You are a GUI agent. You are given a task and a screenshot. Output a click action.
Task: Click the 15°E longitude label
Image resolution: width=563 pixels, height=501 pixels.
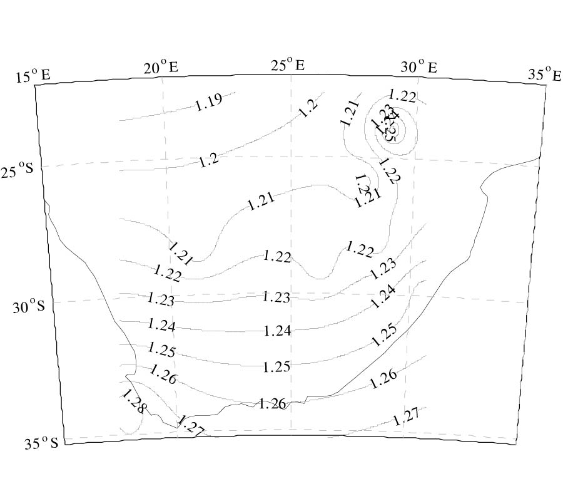coord(33,77)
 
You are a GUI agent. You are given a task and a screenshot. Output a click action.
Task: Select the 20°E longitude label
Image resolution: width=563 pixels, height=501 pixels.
coord(161,67)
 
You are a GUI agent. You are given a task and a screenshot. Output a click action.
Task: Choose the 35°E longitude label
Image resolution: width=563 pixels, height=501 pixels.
coord(544,75)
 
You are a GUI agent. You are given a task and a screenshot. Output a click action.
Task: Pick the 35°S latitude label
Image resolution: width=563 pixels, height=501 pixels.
coord(41,444)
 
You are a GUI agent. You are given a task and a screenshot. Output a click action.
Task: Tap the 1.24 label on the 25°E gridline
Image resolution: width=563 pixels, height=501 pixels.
coord(277,330)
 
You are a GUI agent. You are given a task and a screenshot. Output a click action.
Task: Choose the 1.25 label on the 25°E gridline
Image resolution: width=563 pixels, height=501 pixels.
coord(276,366)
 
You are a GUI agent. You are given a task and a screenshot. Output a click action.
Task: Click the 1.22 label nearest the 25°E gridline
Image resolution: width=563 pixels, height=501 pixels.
coord(277,256)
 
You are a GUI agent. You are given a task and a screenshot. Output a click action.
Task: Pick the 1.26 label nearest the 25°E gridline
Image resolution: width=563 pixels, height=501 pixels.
coord(272,404)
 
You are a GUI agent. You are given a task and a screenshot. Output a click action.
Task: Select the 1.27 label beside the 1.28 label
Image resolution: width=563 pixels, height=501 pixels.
coord(190,425)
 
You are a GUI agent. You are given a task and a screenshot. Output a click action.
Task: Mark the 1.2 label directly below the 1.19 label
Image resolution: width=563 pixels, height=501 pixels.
coord(209,160)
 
